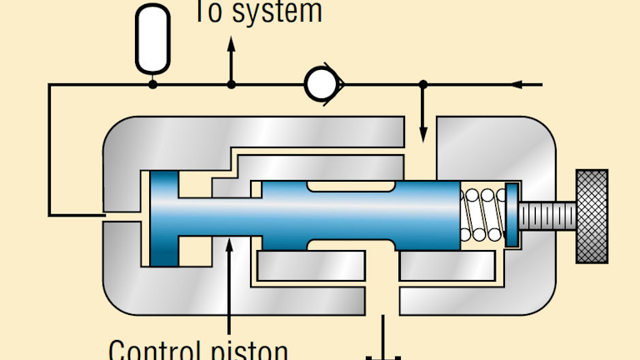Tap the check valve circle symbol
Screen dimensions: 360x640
[319, 83]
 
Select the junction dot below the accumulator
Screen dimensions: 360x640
[152, 84]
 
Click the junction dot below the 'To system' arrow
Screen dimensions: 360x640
[232, 84]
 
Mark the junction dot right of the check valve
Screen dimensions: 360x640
[423, 84]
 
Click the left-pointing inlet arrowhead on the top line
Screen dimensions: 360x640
[517, 84]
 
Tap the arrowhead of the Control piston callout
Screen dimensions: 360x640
[229, 241]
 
